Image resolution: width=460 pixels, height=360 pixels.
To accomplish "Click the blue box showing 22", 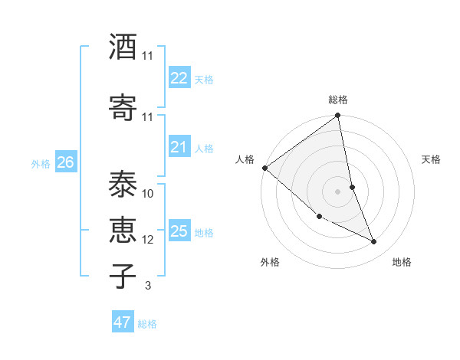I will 179,78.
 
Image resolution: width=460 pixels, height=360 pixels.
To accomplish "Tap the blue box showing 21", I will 179,147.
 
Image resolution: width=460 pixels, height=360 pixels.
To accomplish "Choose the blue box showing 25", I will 179,231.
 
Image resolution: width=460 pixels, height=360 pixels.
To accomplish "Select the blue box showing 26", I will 65,162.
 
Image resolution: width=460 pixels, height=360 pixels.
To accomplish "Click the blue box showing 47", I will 122,322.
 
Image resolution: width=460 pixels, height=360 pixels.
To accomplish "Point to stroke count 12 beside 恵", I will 148,240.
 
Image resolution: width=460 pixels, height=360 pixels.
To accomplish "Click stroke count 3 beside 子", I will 147,286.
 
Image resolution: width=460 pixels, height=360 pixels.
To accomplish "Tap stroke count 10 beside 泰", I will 148,194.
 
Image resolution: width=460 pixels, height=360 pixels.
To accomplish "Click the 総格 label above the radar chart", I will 338,100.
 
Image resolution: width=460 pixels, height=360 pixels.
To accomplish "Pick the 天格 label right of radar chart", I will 431,159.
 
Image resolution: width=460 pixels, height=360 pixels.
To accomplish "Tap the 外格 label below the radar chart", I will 269,262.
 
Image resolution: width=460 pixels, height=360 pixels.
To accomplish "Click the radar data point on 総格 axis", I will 338,116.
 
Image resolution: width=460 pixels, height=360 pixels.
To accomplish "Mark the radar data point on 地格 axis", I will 374,241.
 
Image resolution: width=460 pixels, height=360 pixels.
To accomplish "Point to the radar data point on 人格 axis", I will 264,168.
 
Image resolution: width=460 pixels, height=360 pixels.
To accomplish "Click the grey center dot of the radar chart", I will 338,191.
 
